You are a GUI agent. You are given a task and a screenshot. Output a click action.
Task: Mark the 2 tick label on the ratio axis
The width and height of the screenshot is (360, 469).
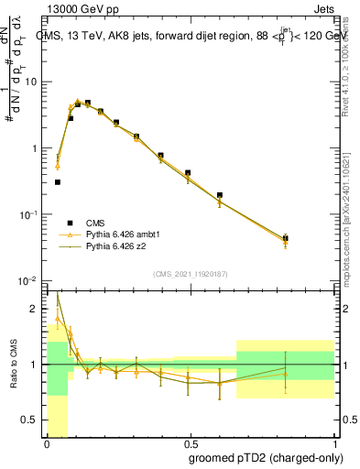[35, 309]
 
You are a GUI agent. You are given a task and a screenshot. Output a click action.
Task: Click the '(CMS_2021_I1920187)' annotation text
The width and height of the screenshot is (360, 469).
[191, 273]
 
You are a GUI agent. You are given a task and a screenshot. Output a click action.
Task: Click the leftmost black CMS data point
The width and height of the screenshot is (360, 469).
[58, 182]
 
